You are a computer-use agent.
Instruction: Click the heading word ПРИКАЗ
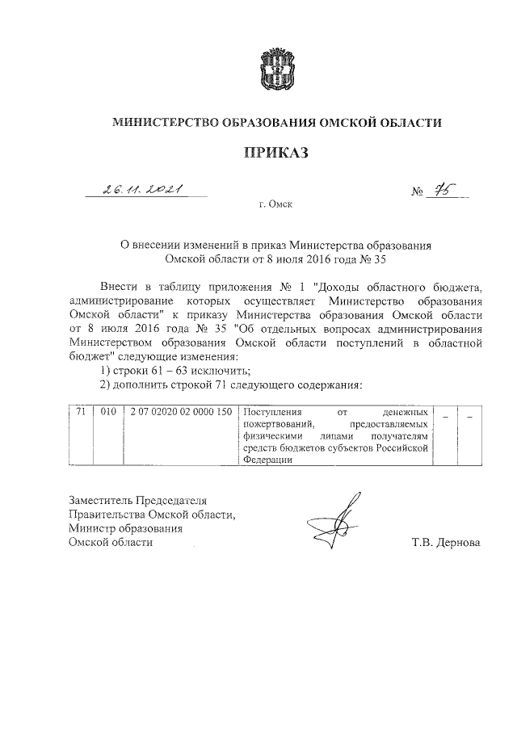(277, 153)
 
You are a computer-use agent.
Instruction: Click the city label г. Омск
(277, 206)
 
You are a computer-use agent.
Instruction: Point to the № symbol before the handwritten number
(418, 192)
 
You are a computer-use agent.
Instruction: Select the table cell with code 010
(108, 413)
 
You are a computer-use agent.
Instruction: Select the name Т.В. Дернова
(445, 543)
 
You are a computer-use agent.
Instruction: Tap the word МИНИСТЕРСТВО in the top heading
(166, 123)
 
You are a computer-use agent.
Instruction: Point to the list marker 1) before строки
(103, 370)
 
